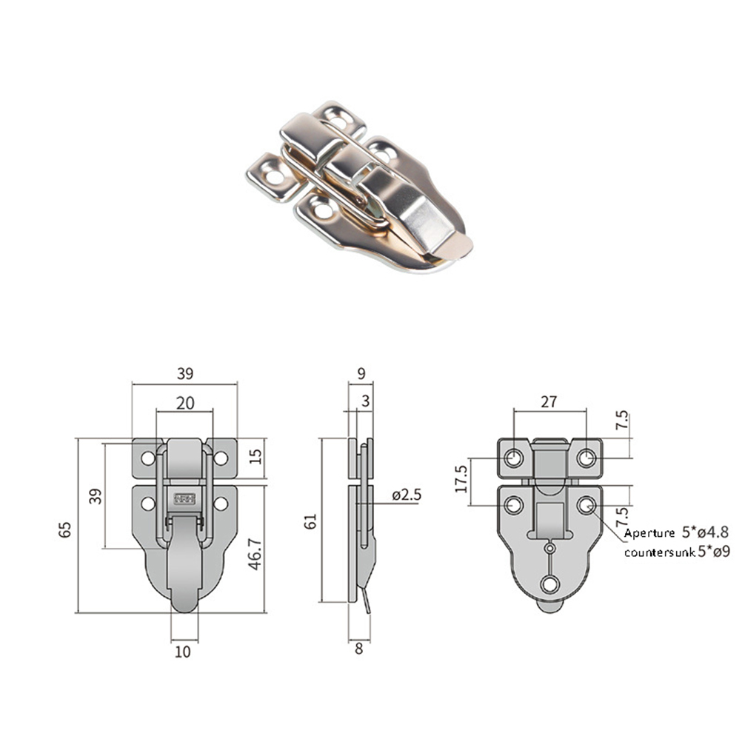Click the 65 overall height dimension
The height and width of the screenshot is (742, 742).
click(x=65, y=529)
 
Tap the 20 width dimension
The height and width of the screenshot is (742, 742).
click(x=185, y=403)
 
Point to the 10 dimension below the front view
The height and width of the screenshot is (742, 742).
click(x=183, y=652)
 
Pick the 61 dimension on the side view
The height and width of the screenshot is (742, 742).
click(x=310, y=521)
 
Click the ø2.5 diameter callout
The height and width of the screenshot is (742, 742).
click(x=407, y=495)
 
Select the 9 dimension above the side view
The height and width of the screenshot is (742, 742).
click(x=361, y=373)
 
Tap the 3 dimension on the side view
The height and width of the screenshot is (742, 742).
click(x=365, y=401)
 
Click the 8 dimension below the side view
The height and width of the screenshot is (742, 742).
click(x=358, y=649)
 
